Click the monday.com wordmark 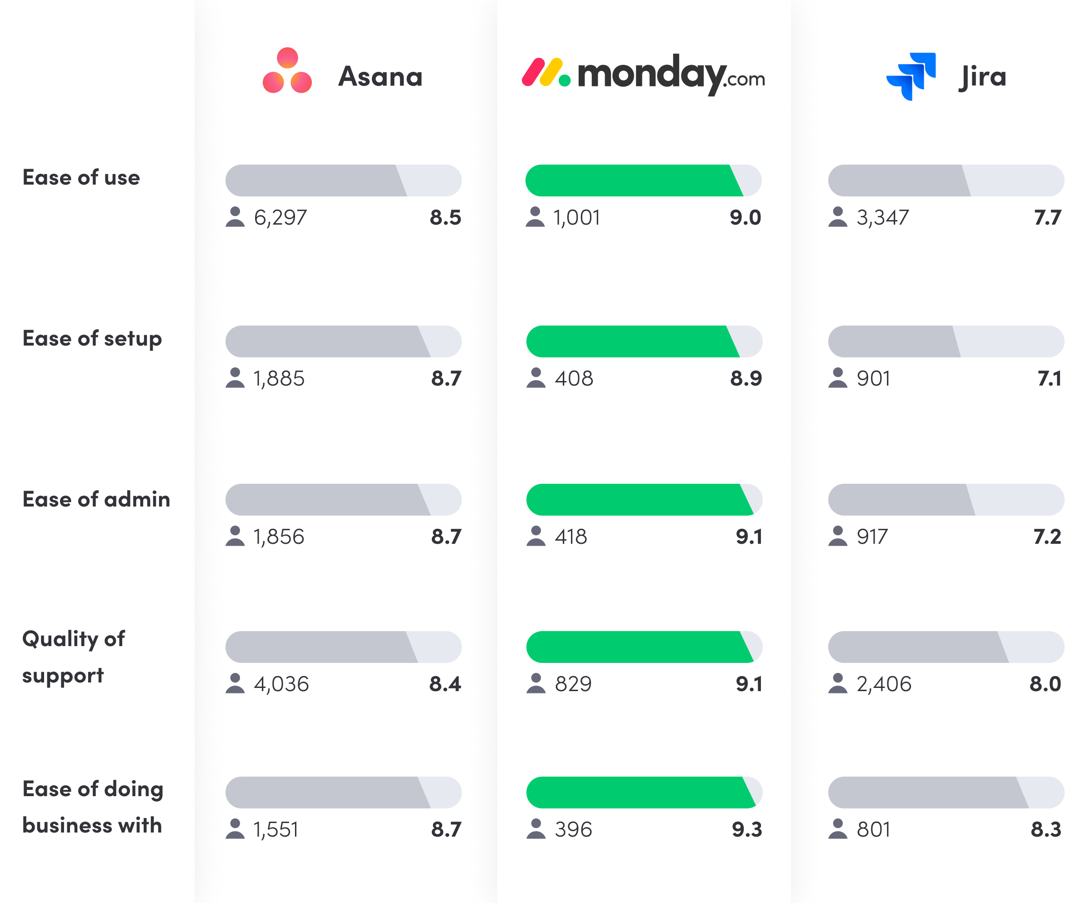click(x=670, y=75)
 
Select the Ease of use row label click(x=81, y=178)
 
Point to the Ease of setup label click(x=92, y=339)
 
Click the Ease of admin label click(x=96, y=499)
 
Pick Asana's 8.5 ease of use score click(x=445, y=217)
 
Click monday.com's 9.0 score click(x=745, y=217)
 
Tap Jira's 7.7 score click(x=1047, y=217)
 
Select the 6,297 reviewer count click(x=280, y=217)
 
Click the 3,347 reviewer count click(x=883, y=217)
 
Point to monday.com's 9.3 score click(x=746, y=829)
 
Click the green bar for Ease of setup click(x=631, y=341)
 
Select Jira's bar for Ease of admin click(x=946, y=499)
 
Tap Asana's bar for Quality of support click(x=343, y=647)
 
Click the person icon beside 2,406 click(x=837, y=683)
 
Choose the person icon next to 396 click(x=535, y=829)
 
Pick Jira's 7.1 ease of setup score click(x=1049, y=378)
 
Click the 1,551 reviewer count click(x=276, y=829)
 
